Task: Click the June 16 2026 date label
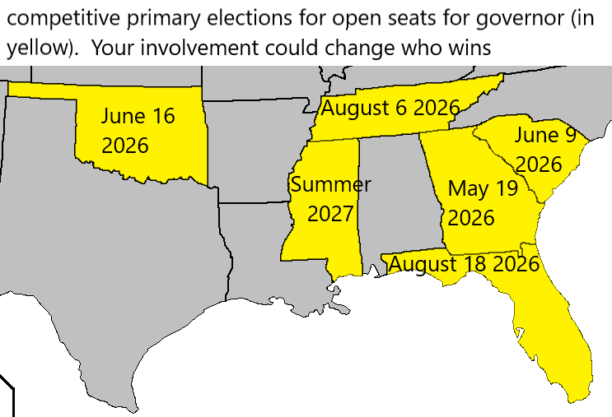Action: pos(138,131)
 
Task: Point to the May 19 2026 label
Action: pos(482,203)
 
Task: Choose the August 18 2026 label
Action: pos(463,264)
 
